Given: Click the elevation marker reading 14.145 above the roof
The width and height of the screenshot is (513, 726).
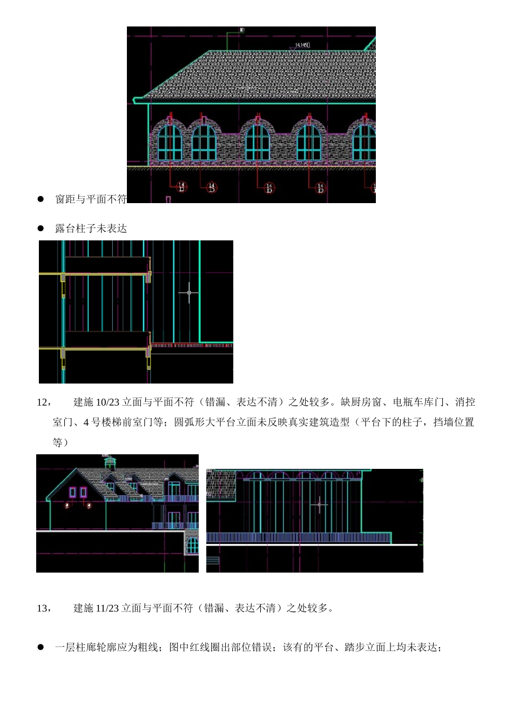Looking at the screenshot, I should click(302, 45).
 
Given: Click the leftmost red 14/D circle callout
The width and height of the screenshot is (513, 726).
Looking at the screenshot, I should click(181, 187).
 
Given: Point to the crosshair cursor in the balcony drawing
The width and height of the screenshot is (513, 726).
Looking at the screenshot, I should click(189, 292).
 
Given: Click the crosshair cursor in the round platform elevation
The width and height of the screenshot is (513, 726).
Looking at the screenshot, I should click(319, 505).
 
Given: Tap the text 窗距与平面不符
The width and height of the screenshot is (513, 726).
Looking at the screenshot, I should click(91, 199).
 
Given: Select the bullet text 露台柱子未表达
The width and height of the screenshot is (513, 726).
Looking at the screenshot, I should click(91, 228).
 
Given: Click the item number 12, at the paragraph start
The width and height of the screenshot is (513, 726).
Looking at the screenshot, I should click(44, 402).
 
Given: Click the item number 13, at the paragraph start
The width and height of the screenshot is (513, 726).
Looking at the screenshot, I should click(44, 608).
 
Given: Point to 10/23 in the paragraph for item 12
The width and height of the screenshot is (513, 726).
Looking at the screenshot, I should click(107, 402).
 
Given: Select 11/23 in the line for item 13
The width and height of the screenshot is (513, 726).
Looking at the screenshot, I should click(107, 608).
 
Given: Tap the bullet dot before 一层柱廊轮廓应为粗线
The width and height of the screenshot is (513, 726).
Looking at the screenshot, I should click(40, 647).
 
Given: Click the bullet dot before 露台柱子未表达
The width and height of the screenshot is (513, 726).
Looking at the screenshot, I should click(40, 228).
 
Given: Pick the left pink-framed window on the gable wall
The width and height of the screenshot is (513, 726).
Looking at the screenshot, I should click(72, 492).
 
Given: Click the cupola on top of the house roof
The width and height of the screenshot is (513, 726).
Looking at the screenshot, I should click(110, 462).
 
